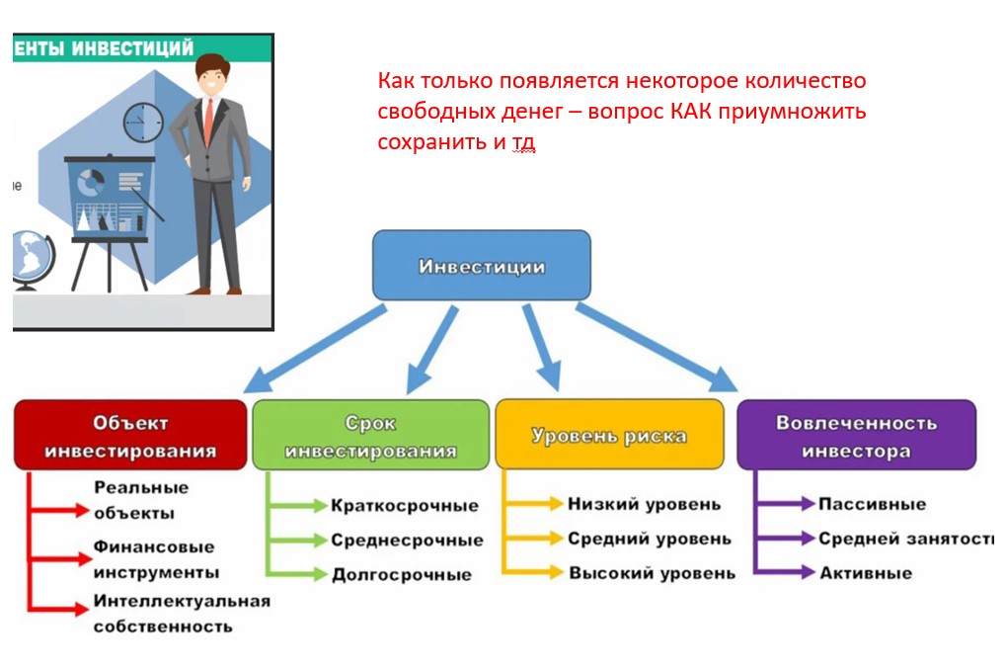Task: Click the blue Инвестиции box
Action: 481,266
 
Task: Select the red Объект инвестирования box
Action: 130,435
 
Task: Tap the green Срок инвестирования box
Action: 370,435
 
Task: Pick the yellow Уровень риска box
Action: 609,435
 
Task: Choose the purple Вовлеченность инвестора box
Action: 855,435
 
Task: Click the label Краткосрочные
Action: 405,506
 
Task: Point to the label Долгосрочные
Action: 402,574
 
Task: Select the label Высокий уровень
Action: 652,573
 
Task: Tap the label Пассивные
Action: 872,504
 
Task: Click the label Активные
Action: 866,573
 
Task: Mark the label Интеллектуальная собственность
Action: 181,613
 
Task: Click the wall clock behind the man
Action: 142,123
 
